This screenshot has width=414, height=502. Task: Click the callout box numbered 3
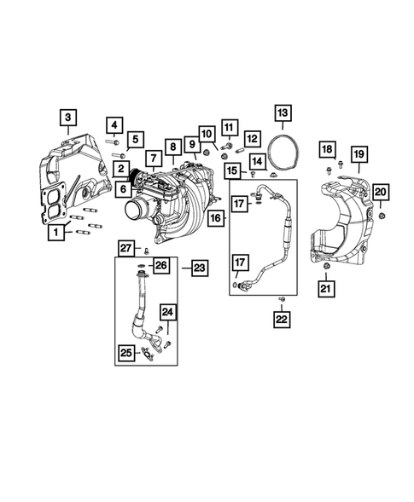click(x=68, y=118)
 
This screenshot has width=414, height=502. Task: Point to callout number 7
click(x=153, y=158)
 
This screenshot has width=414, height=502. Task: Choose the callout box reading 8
click(x=174, y=147)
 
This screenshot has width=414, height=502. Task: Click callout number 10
click(x=206, y=133)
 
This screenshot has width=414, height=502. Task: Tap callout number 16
click(x=215, y=219)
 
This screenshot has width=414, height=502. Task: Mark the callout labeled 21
click(x=325, y=291)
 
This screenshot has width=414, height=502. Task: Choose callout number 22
click(x=280, y=320)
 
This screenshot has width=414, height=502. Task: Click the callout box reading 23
click(x=199, y=268)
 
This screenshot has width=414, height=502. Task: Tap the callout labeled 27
click(x=125, y=248)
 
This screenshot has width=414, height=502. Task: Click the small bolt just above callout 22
click(x=280, y=300)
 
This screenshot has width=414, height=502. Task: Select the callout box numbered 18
click(x=328, y=151)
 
